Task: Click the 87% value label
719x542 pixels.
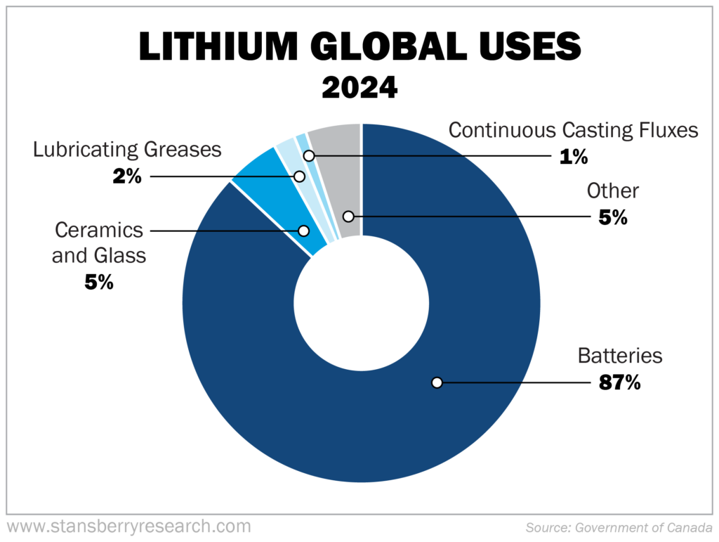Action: tap(619, 383)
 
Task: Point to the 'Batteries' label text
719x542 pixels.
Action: tap(619, 356)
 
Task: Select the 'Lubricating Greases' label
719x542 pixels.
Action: tap(127, 149)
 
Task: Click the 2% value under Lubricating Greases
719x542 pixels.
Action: tap(127, 175)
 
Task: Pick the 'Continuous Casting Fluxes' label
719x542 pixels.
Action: tap(573, 130)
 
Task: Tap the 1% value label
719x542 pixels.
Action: tap(574, 156)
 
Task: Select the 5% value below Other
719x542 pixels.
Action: tap(613, 217)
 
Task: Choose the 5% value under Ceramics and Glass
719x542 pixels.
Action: tap(99, 282)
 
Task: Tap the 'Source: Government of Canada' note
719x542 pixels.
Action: tap(618, 527)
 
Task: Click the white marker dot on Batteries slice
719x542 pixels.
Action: tap(437, 382)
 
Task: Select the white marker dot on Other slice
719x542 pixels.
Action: tap(348, 216)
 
